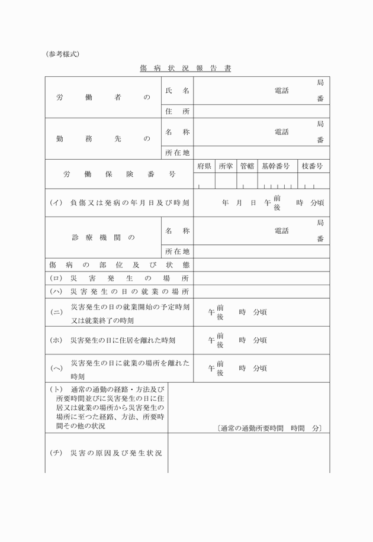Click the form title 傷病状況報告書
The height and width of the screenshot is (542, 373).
185,69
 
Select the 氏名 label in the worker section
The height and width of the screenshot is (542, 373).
178,91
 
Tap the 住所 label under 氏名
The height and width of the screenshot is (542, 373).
178,111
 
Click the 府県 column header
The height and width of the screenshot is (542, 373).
204,166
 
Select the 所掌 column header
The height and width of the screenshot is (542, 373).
226,166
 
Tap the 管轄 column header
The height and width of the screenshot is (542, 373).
247,166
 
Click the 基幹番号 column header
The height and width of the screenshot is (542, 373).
275,166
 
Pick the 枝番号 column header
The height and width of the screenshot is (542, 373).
312,166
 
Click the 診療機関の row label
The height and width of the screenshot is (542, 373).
103,237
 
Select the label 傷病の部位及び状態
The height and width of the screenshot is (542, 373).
119,264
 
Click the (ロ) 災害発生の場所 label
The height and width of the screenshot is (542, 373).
119,278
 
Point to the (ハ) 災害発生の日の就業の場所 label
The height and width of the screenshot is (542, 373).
119,292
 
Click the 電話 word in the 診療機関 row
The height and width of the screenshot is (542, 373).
281,231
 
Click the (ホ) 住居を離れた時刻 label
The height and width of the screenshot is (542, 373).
113,340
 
